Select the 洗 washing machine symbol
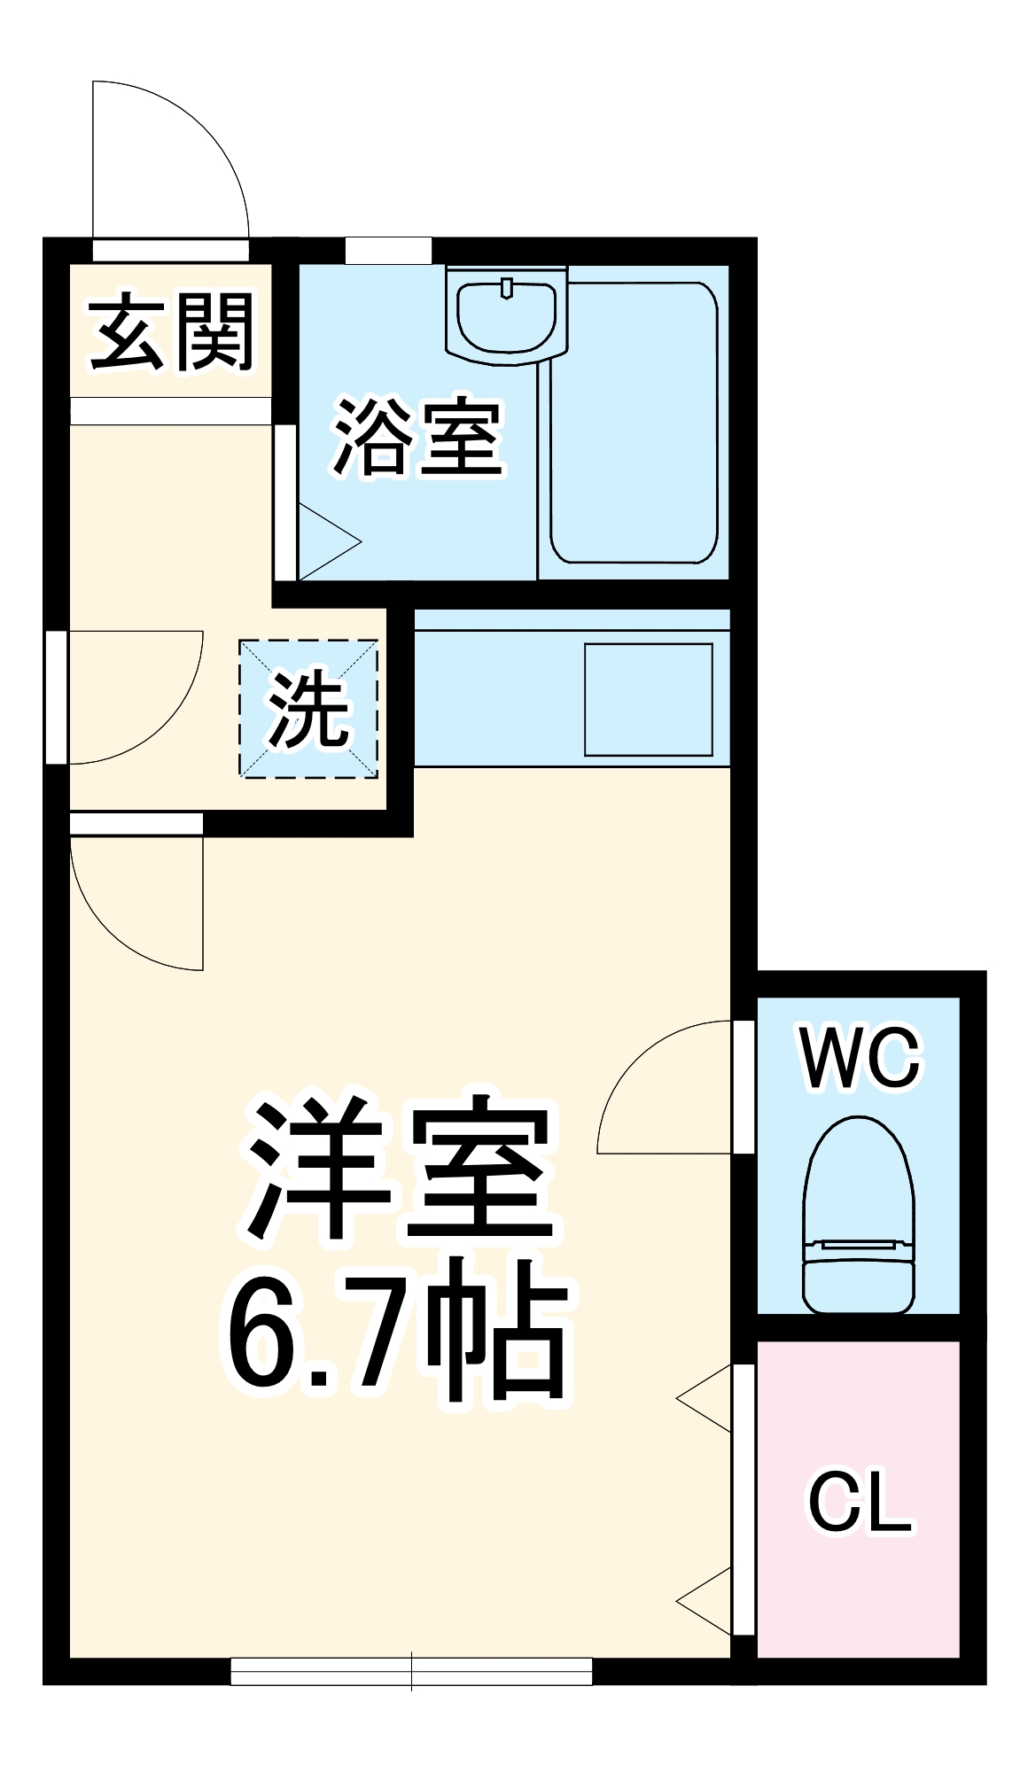(308, 709)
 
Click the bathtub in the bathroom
(633, 423)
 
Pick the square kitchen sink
(648, 700)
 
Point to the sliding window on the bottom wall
(411, 1671)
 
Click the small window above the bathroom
(388, 251)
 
